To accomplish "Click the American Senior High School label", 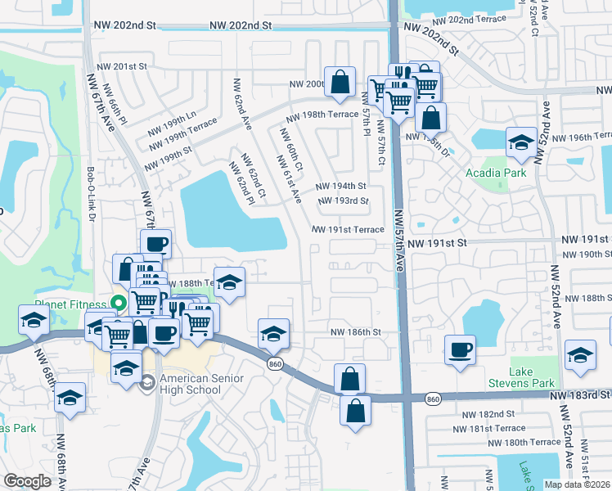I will point(191,384).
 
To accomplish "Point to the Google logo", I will point(27,481).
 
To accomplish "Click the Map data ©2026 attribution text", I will point(577,484).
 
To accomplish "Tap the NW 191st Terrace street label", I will point(348,229).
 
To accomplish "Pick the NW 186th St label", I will point(356,331).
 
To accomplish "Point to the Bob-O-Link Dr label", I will point(91,195).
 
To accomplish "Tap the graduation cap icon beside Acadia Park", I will point(521,143).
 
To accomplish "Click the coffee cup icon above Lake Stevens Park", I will point(461,349).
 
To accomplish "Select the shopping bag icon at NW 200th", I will point(340,81).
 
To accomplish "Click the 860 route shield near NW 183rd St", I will point(434,399).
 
